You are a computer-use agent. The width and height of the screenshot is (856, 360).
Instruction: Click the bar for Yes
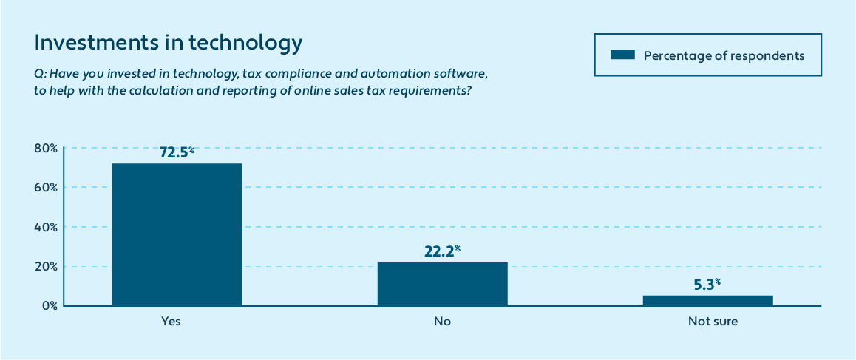pyautogui.click(x=177, y=234)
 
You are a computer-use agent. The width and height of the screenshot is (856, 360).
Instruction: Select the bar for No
pyautogui.click(x=442, y=284)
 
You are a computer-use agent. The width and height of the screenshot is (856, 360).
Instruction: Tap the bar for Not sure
pyautogui.click(x=707, y=300)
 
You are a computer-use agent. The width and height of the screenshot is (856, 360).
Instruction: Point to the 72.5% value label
pyautogui.click(x=177, y=153)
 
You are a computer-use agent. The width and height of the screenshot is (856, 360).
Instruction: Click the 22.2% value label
pyautogui.click(x=442, y=251)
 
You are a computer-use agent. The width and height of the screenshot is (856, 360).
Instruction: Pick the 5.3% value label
pyautogui.click(x=707, y=284)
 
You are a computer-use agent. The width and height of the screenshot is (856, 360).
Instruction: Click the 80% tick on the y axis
pyautogui.click(x=46, y=148)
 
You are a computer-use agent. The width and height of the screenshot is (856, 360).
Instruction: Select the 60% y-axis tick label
pyautogui.click(x=46, y=187)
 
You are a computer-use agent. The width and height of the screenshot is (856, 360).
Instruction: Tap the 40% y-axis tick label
pyautogui.click(x=46, y=227)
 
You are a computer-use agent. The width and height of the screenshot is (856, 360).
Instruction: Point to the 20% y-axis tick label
pyautogui.click(x=46, y=266)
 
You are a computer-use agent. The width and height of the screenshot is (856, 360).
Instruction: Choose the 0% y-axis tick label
pyautogui.click(x=49, y=305)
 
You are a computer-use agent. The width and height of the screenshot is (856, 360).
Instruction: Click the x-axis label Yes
pyautogui.click(x=171, y=322)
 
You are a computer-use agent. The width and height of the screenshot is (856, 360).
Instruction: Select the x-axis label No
pyautogui.click(x=442, y=322)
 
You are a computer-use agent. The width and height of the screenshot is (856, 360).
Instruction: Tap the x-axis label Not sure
pyautogui.click(x=713, y=322)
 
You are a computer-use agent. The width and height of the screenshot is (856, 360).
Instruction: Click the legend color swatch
pyautogui.click(x=622, y=55)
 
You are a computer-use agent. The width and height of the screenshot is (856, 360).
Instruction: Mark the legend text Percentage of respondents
pyautogui.click(x=724, y=55)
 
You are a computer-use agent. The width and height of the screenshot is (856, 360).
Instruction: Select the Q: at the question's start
pyautogui.click(x=40, y=75)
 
